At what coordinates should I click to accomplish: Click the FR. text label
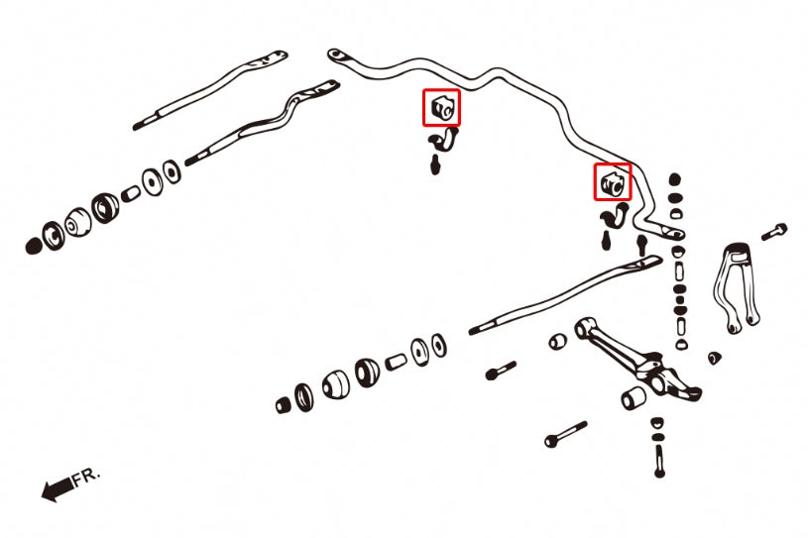click(x=85, y=477)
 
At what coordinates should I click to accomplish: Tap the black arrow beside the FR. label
click(x=57, y=486)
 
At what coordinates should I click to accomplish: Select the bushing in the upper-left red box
click(x=442, y=107)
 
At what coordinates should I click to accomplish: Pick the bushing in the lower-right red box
click(x=612, y=181)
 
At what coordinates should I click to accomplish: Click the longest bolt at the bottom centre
click(x=565, y=434)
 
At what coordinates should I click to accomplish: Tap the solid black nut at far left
click(x=35, y=245)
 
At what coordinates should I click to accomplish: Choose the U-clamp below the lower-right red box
click(x=617, y=214)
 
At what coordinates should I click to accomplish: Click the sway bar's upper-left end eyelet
click(x=336, y=54)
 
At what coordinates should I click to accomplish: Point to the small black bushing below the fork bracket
click(x=714, y=355)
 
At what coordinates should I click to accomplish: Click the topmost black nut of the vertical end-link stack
click(x=675, y=180)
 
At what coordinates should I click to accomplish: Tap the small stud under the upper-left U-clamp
click(x=435, y=164)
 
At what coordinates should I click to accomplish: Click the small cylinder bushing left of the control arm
click(x=557, y=342)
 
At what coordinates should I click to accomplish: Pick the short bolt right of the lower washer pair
click(x=500, y=372)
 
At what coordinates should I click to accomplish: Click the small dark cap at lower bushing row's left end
click(x=284, y=404)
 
